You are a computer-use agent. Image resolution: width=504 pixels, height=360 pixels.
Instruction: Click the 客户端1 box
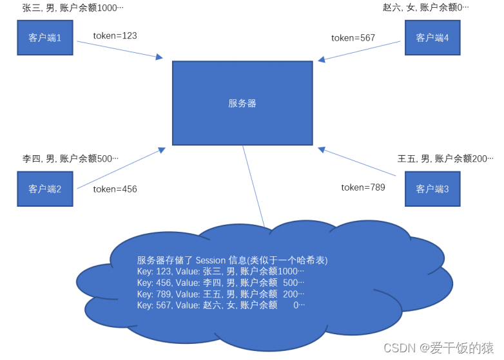(x=44, y=38)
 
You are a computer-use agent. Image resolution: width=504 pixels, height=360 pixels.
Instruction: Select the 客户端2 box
(x=44, y=189)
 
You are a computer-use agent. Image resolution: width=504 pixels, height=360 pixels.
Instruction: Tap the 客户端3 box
(x=432, y=189)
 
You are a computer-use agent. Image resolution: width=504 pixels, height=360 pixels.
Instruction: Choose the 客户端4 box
(x=432, y=38)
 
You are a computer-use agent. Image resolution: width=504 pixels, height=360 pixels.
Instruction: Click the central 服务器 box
(x=242, y=103)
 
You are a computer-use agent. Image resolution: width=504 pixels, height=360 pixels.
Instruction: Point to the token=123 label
(x=115, y=36)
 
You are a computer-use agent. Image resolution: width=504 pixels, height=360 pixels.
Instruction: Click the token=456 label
(x=115, y=189)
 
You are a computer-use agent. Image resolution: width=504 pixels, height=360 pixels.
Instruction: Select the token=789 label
(x=363, y=187)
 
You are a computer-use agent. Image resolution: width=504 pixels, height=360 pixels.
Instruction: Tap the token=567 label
(x=353, y=38)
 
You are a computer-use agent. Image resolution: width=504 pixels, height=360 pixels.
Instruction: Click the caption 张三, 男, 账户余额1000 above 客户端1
(x=72, y=8)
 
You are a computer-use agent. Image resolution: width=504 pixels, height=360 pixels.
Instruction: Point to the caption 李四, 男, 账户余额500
(x=70, y=158)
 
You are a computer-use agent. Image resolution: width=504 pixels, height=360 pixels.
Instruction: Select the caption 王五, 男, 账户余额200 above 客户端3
(x=445, y=158)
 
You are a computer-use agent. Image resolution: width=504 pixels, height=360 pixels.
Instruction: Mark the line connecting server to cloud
(x=253, y=187)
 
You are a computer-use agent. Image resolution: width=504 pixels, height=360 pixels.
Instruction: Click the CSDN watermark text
(x=397, y=348)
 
